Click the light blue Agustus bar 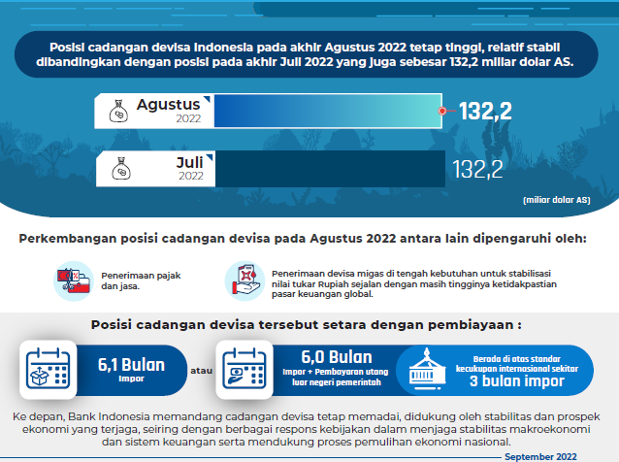click(x=326, y=112)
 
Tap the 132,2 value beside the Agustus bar click(x=485, y=112)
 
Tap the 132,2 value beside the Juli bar click(x=477, y=170)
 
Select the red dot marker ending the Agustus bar click(x=441, y=112)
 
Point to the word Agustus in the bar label click(x=168, y=104)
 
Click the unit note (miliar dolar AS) click(x=556, y=200)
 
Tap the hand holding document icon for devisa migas click(x=244, y=279)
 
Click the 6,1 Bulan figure click(x=131, y=366)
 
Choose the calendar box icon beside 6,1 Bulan click(x=45, y=370)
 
